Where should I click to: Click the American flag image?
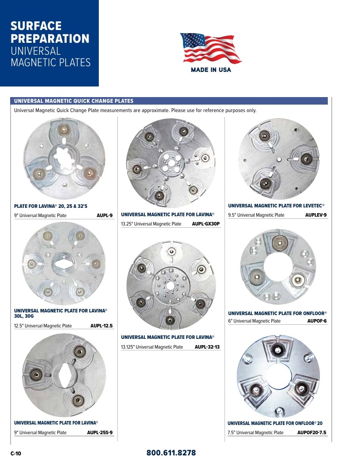[x=210, y=48]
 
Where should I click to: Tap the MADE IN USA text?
[x=211, y=70]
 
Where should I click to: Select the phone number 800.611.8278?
[x=171, y=453]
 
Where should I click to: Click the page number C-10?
[x=16, y=453]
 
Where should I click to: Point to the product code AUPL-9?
[x=105, y=215]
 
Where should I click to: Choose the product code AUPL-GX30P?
[x=206, y=224]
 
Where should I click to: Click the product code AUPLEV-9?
[x=316, y=215]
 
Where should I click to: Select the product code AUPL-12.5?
[x=101, y=326]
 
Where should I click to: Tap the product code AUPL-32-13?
[x=207, y=347]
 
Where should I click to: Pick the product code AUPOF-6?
[x=317, y=321]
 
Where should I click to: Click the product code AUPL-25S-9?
[x=100, y=432]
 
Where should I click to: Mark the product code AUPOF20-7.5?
[x=311, y=432]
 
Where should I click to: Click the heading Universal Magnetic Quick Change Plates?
[x=74, y=101]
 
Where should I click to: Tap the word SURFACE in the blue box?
[x=36, y=26]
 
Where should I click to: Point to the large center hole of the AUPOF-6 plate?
[x=278, y=267]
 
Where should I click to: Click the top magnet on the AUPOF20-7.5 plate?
[x=277, y=350]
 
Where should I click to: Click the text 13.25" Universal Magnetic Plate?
[x=151, y=224]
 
